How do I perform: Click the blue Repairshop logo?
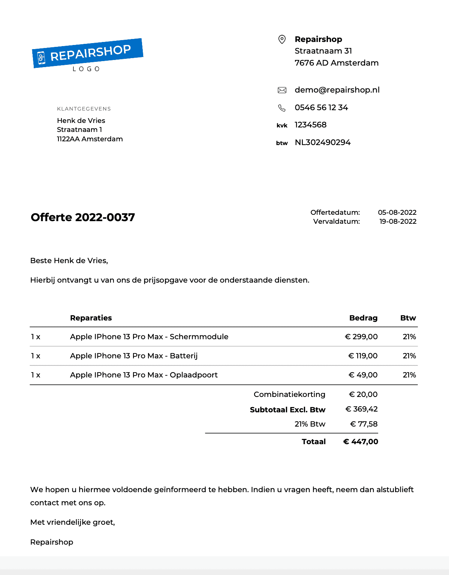click(x=88, y=54)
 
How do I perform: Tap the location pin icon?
click(x=282, y=39)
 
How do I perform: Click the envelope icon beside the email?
click(x=282, y=90)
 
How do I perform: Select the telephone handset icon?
click(x=282, y=108)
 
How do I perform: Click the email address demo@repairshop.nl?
click(x=337, y=90)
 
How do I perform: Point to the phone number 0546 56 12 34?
click(x=321, y=108)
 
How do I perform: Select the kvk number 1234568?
click(x=310, y=125)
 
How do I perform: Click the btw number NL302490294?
click(x=322, y=142)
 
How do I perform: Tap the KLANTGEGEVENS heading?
click(x=84, y=109)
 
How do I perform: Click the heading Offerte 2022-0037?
click(x=83, y=217)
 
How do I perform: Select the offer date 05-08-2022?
click(x=397, y=213)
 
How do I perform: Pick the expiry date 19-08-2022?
click(x=398, y=222)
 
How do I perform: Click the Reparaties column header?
click(x=91, y=318)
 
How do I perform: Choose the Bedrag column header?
click(x=363, y=318)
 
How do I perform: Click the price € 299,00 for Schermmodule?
click(x=361, y=337)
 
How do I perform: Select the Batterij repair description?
click(x=133, y=356)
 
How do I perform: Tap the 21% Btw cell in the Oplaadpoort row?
click(x=409, y=375)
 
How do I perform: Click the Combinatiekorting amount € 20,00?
click(x=363, y=394)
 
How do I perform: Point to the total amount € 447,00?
click(x=361, y=442)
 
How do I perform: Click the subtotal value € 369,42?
click(x=361, y=409)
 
